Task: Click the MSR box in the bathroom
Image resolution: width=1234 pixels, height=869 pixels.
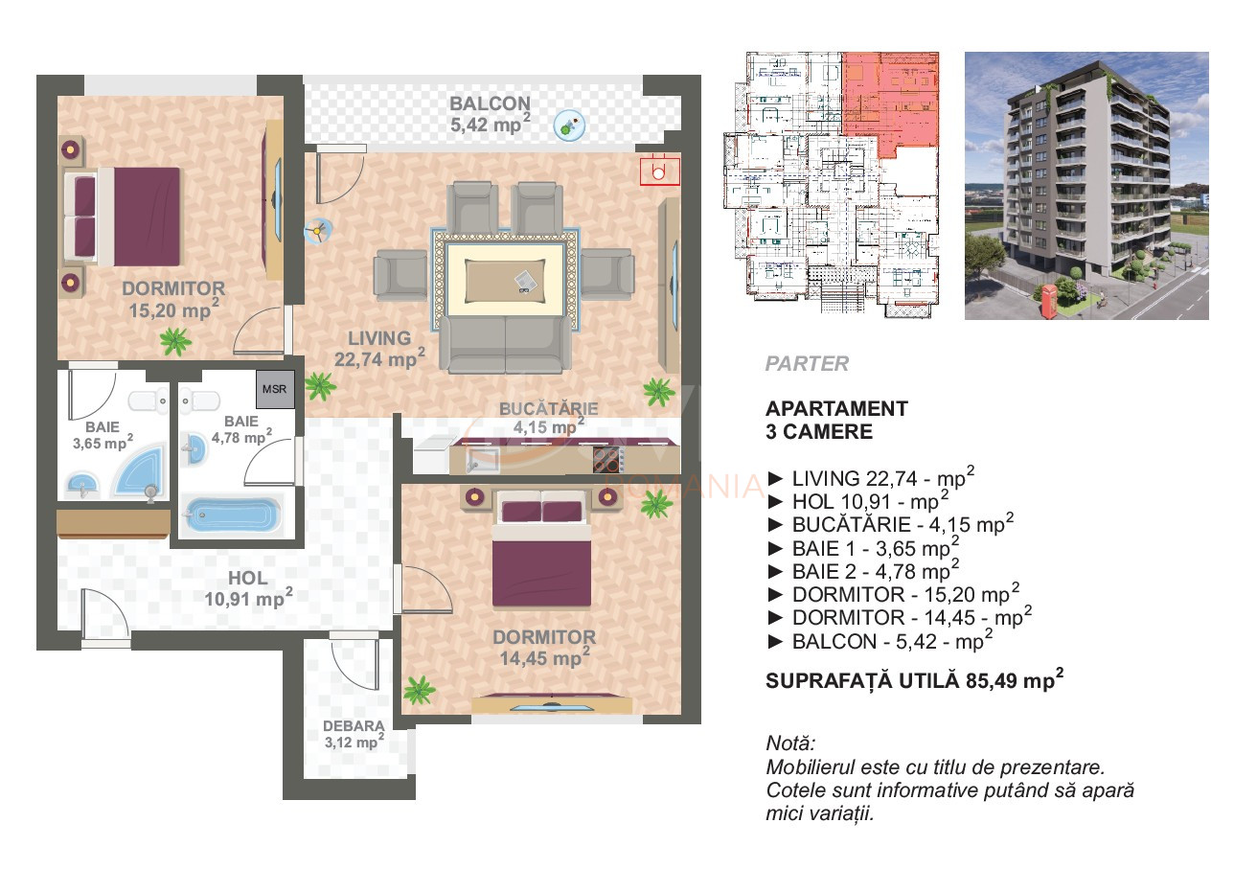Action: [275, 390]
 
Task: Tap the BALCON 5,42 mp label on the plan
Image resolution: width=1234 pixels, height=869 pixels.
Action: [490, 114]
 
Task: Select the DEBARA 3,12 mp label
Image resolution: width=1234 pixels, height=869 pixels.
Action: [354, 734]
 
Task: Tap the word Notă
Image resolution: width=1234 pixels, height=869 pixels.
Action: [790, 744]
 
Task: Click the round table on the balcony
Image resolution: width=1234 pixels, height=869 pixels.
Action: [569, 125]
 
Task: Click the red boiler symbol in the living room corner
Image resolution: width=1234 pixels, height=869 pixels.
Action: [659, 171]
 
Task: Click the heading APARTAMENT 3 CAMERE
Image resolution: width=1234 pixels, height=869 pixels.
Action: [836, 420]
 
